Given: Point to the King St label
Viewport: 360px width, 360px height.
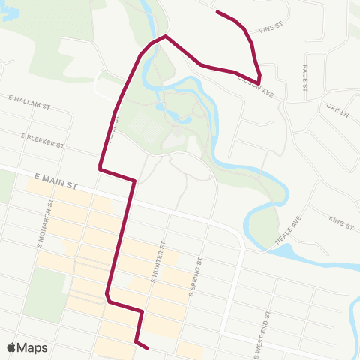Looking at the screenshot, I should pos(341,220).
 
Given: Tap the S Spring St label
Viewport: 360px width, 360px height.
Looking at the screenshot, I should pos(196,277).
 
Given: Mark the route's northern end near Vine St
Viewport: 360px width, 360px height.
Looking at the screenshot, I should pos(217,11).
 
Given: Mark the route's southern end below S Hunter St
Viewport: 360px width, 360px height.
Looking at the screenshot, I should pos(147,347).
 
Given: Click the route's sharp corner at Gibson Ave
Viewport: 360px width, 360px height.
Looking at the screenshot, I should pos(259,81).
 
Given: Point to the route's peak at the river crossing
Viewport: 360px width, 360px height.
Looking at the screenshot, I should pos(165,36).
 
